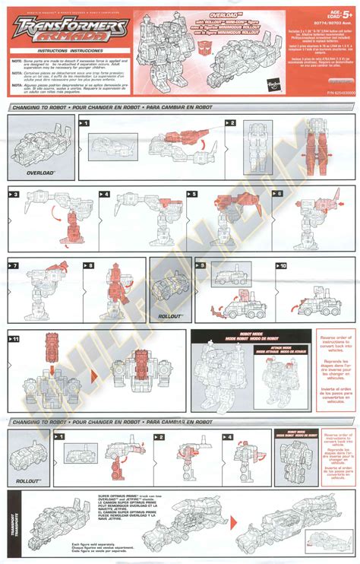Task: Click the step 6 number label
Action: click(x=277, y=194)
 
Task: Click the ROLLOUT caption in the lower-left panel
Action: click(x=28, y=481)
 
